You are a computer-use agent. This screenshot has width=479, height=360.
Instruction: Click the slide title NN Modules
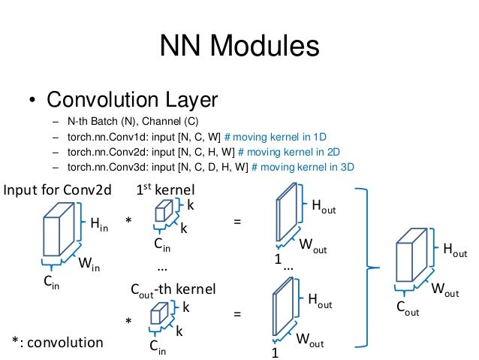pyautogui.click(x=239, y=47)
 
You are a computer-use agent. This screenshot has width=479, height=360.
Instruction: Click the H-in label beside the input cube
pyautogui.click(x=98, y=223)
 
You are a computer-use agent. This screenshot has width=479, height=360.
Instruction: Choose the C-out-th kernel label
pyautogui.click(x=173, y=289)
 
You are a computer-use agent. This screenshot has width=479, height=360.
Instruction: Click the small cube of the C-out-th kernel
pyautogui.click(x=159, y=314)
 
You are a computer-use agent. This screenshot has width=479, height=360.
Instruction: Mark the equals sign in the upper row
pyautogui.click(x=238, y=221)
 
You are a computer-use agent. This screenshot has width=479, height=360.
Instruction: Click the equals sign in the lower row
pyautogui.click(x=238, y=316)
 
